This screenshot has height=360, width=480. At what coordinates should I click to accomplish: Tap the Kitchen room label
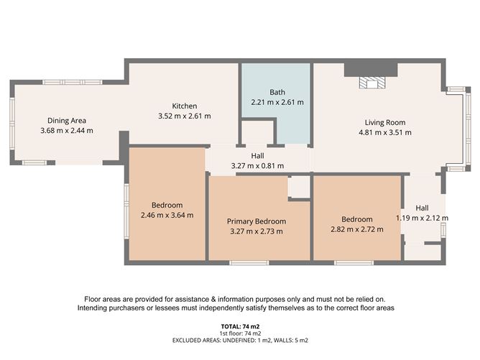184,106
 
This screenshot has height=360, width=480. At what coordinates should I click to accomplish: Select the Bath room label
277,92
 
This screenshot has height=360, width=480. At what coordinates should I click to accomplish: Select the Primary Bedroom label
257,221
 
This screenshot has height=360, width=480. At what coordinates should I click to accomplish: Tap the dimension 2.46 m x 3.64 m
167,214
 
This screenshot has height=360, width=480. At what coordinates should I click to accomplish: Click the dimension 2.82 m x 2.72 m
356,229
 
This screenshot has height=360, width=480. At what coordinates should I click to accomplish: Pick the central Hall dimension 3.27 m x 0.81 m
257,165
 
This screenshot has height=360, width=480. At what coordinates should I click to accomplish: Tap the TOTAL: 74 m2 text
240,327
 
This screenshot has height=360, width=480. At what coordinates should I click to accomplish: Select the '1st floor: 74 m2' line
240,333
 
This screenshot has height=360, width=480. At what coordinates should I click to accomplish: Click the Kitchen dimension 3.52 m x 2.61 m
184,116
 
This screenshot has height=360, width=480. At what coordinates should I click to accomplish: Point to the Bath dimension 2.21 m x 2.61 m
277,102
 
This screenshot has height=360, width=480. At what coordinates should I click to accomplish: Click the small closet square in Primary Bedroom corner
298,187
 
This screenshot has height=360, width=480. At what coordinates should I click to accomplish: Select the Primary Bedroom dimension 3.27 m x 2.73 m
257,231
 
